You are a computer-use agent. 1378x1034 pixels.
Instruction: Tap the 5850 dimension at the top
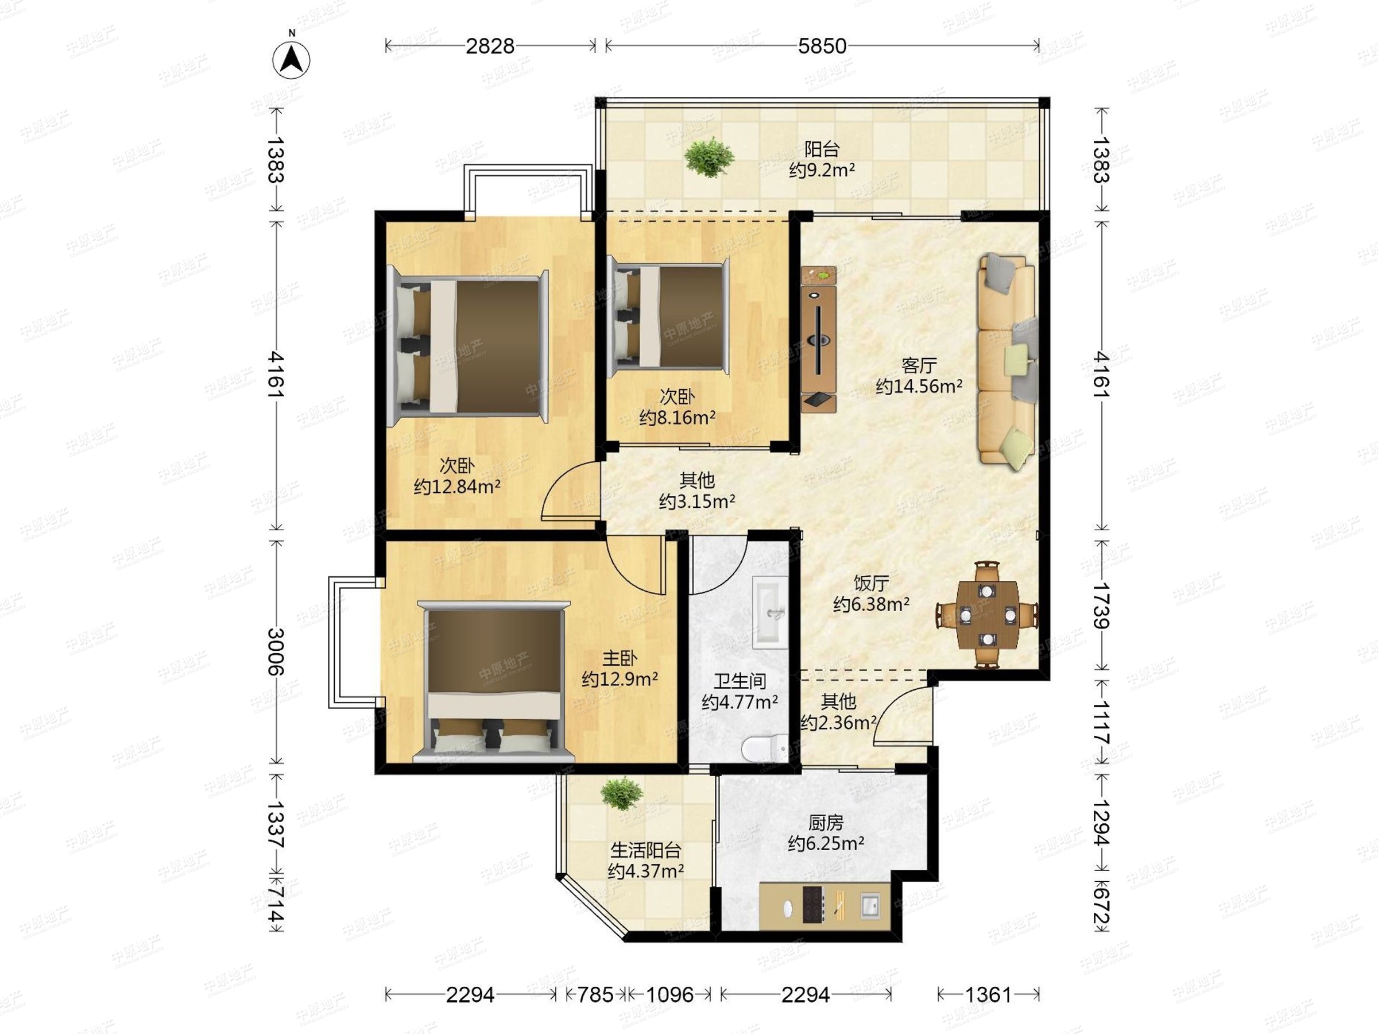click(822, 45)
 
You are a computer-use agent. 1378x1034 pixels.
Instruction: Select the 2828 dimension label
click(490, 45)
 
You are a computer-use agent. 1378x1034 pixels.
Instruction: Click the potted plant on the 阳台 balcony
click(709, 156)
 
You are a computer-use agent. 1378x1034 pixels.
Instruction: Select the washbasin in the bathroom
click(771, 613)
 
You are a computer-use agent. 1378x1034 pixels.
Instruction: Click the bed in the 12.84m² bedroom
click(467, 347)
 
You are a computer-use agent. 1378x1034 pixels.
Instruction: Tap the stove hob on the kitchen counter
click(812, 904)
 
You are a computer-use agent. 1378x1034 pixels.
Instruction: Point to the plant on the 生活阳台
click(622, 793)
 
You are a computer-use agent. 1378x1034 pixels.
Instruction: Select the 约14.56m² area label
click(919, 387)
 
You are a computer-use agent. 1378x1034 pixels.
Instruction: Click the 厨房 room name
click(826, 823)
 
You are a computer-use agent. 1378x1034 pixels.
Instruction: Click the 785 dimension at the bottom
click(595, 994)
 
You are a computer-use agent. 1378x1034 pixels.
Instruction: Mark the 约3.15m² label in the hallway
click(697, 501)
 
